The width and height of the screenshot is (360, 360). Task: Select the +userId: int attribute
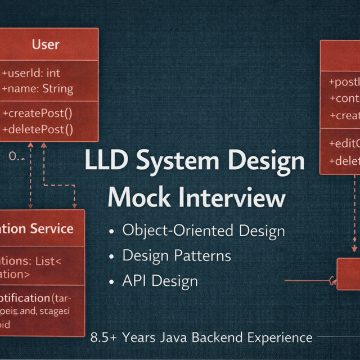coord(31,73)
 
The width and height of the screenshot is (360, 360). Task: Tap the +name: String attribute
coord(38,88)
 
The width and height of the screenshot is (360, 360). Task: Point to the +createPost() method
coord(38,112)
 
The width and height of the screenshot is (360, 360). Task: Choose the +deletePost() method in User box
coord(38,130)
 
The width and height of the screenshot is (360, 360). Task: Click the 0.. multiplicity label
coord(16,157)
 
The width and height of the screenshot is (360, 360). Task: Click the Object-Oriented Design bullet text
coord(204,231)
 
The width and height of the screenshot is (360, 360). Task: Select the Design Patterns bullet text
coord(177,255)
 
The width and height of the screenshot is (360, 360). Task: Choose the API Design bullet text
coord(160,281)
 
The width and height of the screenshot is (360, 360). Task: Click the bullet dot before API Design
coord(112,281)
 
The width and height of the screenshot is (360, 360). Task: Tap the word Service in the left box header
coord(52,228)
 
